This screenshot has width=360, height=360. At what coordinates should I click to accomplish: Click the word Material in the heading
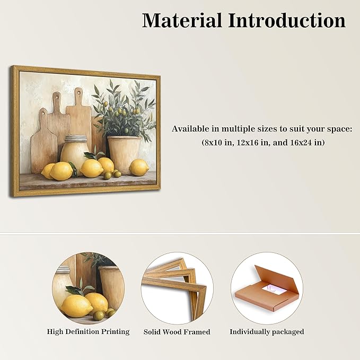tap(181, 21)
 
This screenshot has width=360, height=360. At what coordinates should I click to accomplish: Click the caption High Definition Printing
tap(88, 331)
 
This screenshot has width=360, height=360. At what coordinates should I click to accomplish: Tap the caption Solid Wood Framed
tap(177, 332)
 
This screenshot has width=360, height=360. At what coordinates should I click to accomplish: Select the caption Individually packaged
tap(267, 331)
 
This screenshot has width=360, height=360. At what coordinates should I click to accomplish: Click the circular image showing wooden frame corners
tap(177, 287)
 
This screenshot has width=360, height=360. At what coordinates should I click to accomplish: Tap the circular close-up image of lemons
tap(88, 287)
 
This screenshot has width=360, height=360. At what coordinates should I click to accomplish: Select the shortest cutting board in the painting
tap(44, 141)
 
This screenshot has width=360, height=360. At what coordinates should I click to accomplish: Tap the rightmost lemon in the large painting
tap(139, 168)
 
